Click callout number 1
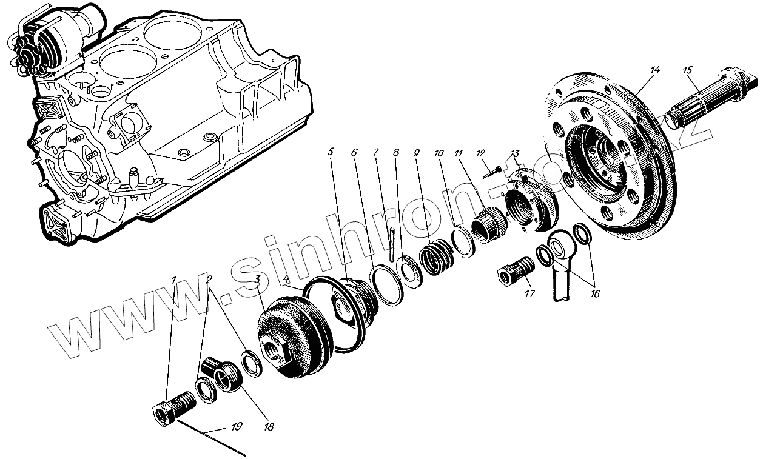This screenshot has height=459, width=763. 174,280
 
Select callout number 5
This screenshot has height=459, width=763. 331,152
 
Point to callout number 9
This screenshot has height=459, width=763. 417,153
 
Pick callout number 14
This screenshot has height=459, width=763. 654,70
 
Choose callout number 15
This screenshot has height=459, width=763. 687,70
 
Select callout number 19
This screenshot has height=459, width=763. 236,426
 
